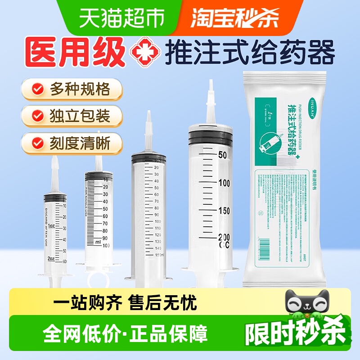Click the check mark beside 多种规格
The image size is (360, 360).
coord(39,89)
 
